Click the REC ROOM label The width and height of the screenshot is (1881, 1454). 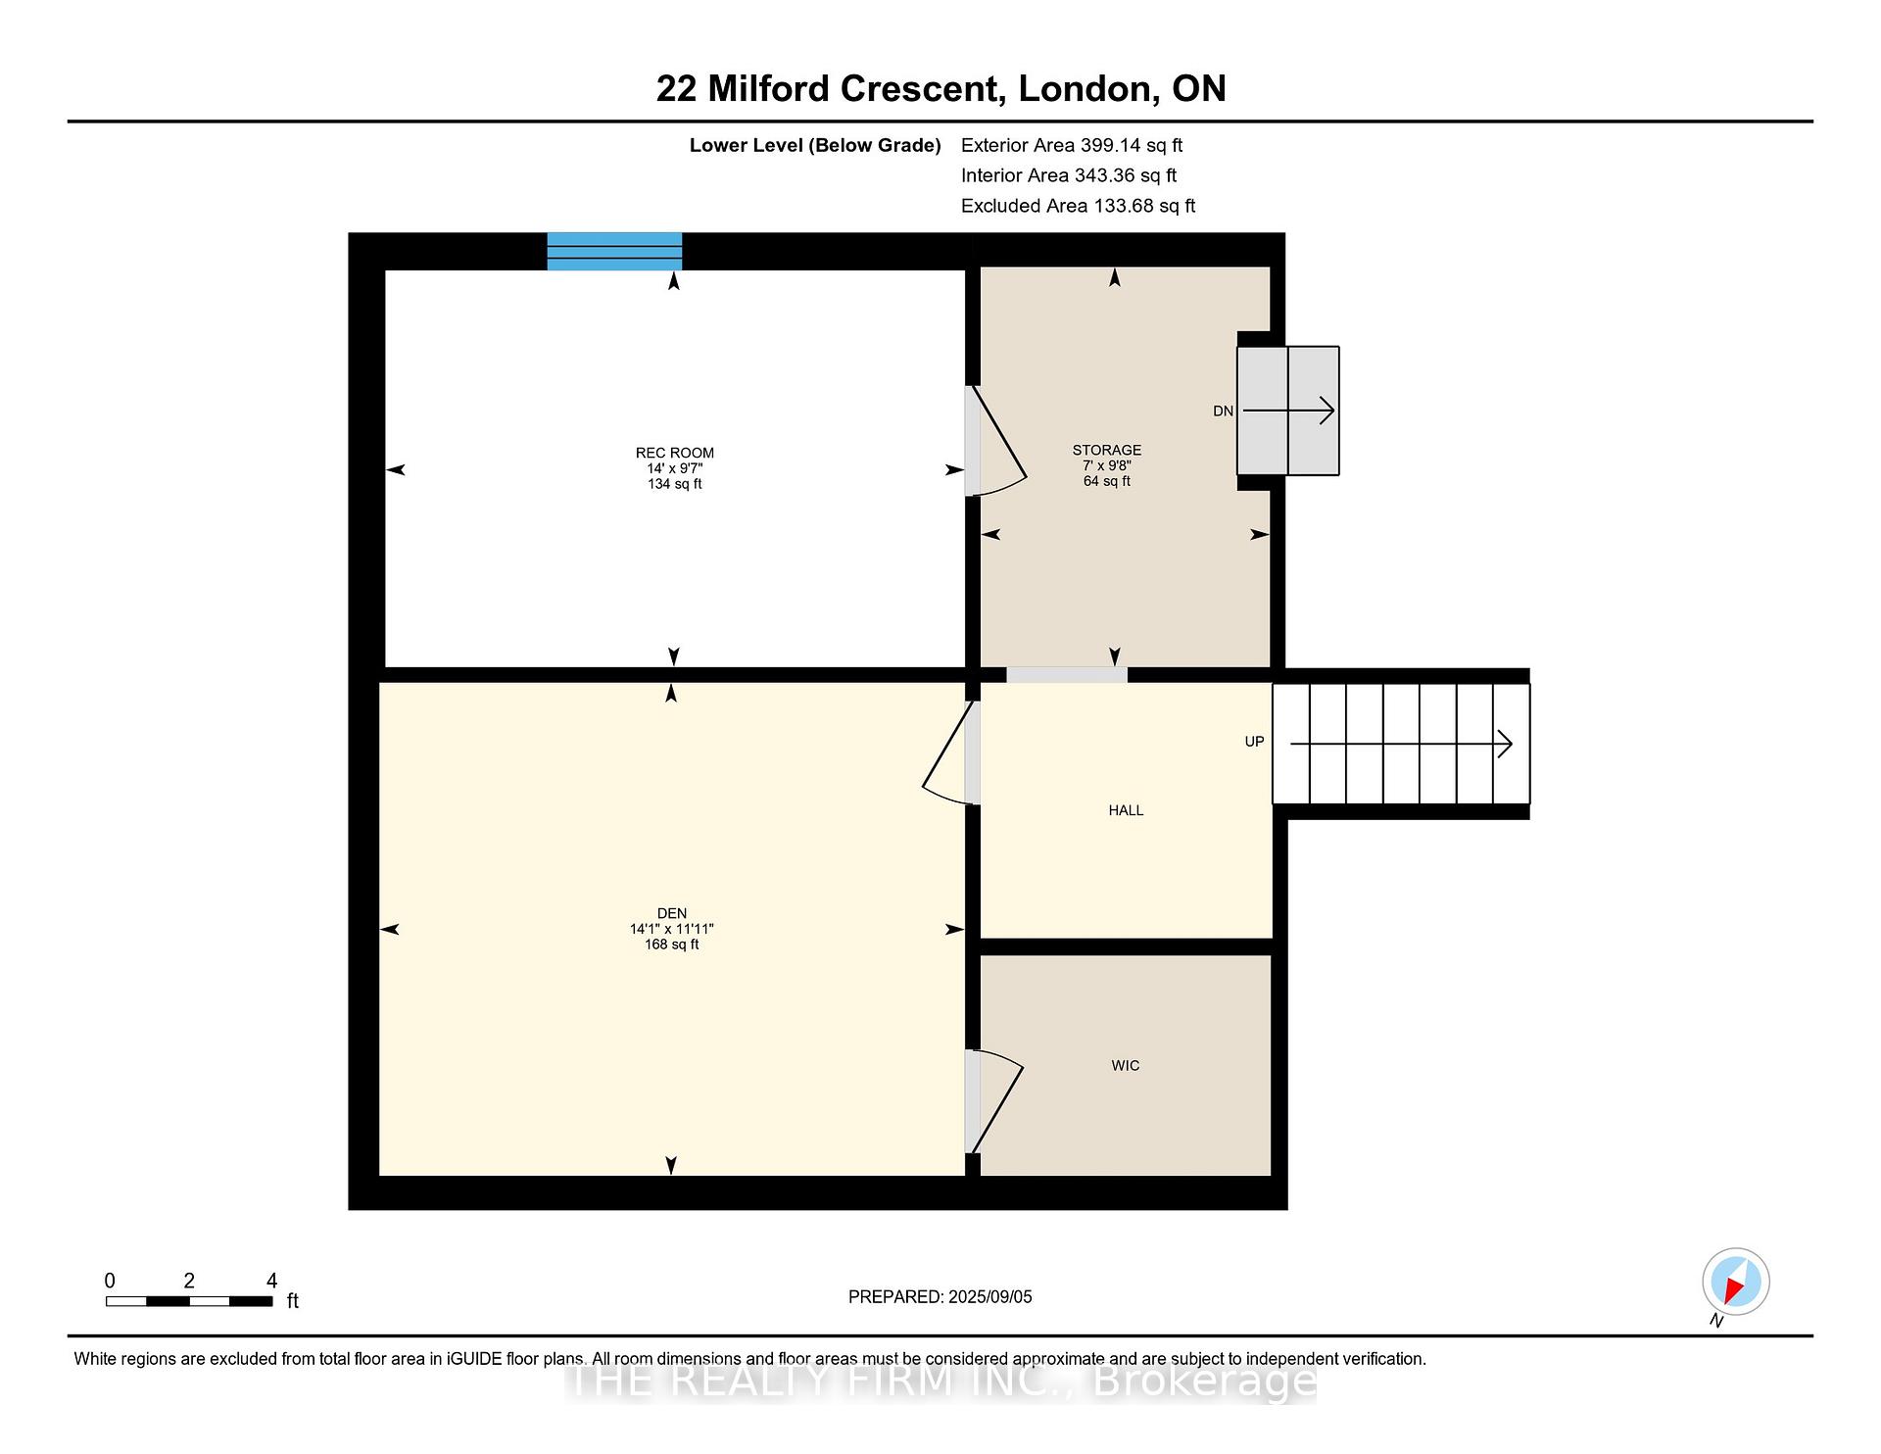click(x=675, y=453)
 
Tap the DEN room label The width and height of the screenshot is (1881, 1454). click(x=672, y=913)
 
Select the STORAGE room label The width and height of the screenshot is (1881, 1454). click(x=1107, y=451)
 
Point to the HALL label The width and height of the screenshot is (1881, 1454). click(x=1126, y=810)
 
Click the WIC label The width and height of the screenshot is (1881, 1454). click(x=1126, y=1066)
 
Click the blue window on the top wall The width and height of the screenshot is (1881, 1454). click(x=614, y=251)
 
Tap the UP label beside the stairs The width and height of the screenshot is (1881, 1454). click(x=1254, y=742)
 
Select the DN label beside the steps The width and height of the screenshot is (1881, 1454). click(x=1223, y=412)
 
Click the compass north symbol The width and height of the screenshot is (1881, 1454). click(x=1735, y=1283)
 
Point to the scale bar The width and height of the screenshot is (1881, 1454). click(x=189, y=1301)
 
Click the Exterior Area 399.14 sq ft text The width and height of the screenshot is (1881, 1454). click(x=1072, y=145)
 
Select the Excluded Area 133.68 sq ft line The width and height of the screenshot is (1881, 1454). click(x=1078, y=206)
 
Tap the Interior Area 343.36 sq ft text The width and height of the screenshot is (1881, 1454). click(x=1069, y=175)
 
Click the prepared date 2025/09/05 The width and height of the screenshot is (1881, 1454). click(x=989, y=1296)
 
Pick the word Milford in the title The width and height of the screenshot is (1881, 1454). click(x=769, y=88)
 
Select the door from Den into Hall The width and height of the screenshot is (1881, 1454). click(x=946, y=752)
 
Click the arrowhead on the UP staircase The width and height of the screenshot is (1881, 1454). click(x=1506, y=745)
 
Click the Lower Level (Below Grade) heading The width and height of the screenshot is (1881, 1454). click(x=815, y=146)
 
